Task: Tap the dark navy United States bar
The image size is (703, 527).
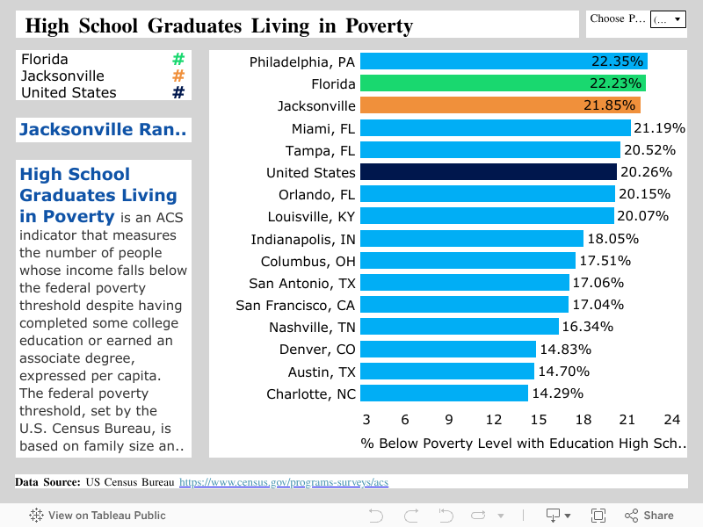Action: (x=488, y=172)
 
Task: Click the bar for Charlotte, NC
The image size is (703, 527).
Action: (x=444, y=393)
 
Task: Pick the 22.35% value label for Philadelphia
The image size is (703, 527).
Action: (x=617, y=61)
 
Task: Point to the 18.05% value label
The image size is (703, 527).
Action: (x=612, y=239)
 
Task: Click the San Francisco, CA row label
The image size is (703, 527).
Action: (x=295, y=305)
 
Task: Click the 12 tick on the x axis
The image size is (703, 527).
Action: (x=494, y=420)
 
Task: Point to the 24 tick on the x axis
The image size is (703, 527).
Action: (x=671, y=420)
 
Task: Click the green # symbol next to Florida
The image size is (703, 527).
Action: (x=178, y=60)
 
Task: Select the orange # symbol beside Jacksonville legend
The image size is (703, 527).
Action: (x=178, y=76)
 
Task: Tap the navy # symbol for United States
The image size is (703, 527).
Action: (x=178, y=92)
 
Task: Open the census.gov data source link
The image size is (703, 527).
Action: (x=283, y=482)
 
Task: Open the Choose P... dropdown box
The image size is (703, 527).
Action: (x=667, y=18)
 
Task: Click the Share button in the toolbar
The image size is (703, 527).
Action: (x=649, y=516)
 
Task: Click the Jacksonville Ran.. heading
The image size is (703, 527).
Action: (x=103, y=130)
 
